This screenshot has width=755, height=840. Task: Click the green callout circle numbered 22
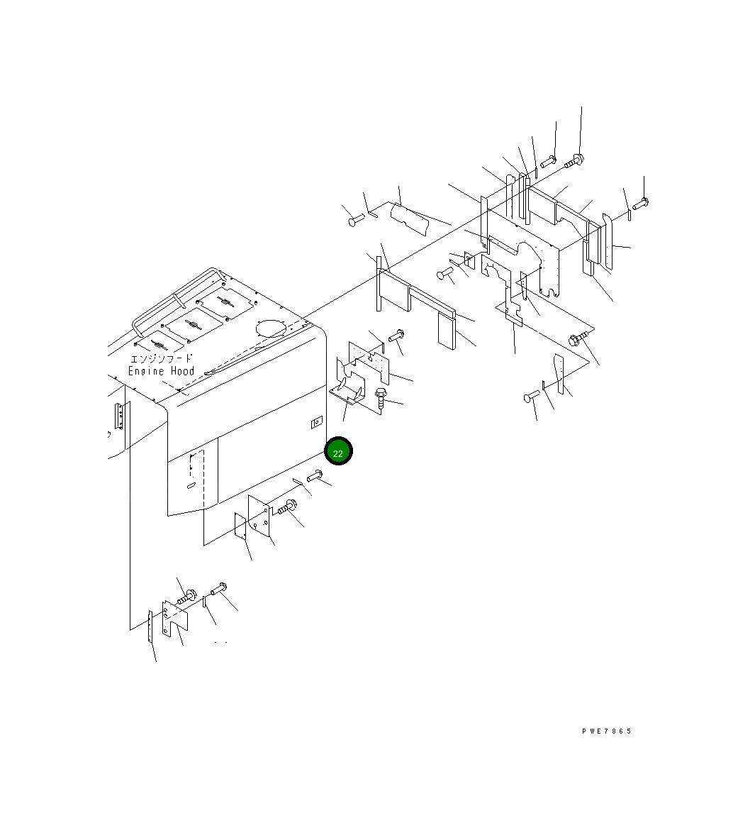click(x=338, y=451)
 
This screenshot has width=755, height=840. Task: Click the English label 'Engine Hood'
click(x=161, y=371)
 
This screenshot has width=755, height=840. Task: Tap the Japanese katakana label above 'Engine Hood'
click(x=161, y=358)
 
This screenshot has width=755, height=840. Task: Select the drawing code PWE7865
click(x=607, y=731)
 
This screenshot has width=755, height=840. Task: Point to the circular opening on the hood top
click(x=271, y=328)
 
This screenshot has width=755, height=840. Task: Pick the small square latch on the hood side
click(x=317, y=424)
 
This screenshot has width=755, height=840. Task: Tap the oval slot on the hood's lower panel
click(x=191, y=486)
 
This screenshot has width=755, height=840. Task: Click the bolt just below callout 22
click(x=314, y=475)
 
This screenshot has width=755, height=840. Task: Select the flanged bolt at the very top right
click(x=574, y=160)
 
